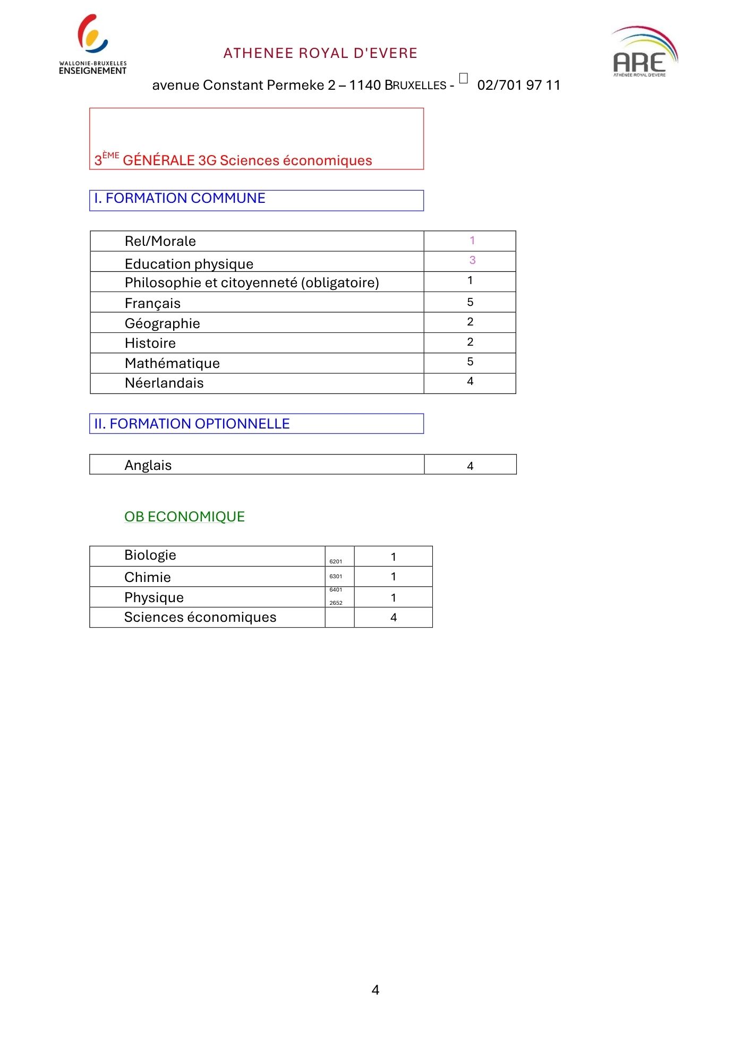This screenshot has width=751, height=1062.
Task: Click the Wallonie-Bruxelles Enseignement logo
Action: (92, 45)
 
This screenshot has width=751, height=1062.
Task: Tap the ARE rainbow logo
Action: (644, 52)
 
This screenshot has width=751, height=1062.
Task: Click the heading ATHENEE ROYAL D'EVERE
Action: (320, 53)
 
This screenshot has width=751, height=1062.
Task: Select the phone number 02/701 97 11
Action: (518, 85)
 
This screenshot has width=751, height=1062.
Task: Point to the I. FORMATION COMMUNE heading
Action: (180, 199)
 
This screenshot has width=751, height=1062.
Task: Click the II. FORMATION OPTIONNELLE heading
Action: (192, 424)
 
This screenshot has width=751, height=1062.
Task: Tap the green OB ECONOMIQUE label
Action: (184, 517)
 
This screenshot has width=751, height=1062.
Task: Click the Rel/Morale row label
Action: (160, 242)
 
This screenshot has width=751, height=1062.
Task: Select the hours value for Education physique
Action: (472, 260)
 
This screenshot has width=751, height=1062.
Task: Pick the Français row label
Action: (152, 303)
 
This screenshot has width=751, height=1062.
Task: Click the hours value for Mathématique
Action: (470, 362)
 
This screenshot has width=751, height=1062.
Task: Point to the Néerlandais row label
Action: (164, 383)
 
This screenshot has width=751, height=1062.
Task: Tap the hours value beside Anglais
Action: (470, 466)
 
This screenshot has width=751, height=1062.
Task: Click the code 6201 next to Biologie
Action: (336, 561)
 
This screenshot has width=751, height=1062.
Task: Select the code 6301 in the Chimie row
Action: (336, 576)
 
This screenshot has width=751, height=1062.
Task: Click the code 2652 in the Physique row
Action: (336, 603)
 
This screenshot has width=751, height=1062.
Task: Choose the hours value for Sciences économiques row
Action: (394, 618)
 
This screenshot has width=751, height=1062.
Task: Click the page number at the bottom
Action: (375, 990)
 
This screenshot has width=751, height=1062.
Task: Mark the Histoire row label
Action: (150, 343)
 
